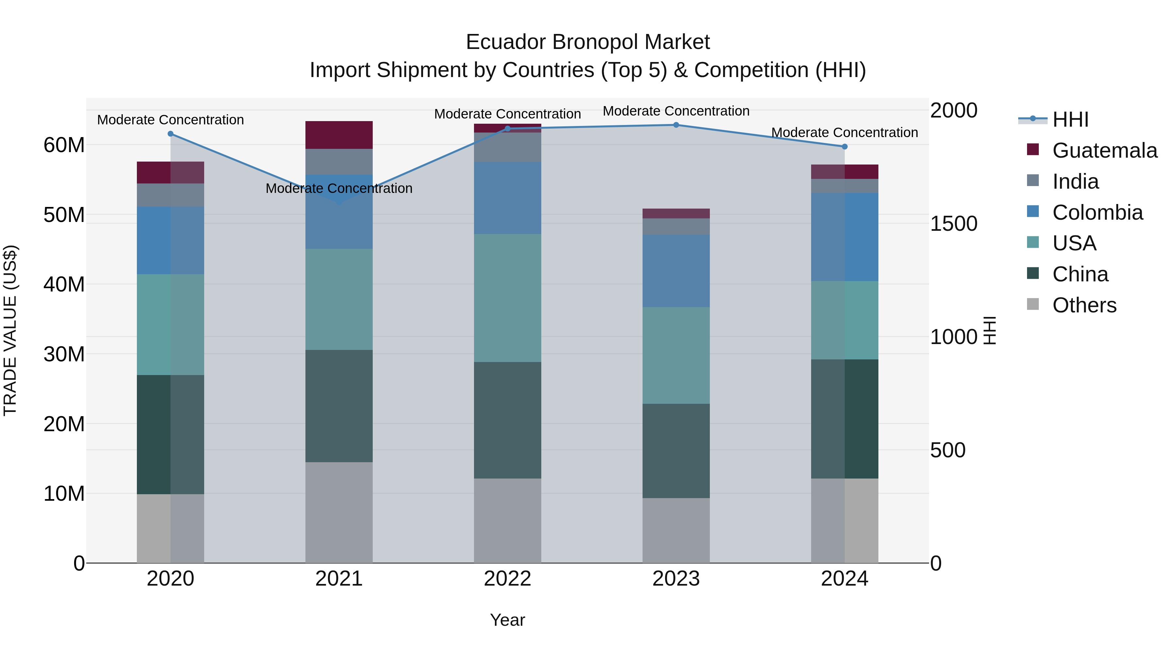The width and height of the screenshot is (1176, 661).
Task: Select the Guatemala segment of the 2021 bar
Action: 339,135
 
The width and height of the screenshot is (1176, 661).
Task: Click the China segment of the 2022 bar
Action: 507,420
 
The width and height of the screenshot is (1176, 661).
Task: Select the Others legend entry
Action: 1084,305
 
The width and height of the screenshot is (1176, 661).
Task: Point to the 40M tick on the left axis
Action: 64,284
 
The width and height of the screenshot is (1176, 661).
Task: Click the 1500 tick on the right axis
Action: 953,224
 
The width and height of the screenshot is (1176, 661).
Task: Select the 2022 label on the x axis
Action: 507,579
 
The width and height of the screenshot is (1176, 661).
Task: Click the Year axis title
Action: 507,620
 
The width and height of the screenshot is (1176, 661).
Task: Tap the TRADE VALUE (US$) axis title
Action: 10,330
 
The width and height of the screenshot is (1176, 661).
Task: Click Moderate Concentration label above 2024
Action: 844,133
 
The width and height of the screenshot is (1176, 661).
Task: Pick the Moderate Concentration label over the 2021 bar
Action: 339,188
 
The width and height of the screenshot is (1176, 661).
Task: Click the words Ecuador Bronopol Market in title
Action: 588,42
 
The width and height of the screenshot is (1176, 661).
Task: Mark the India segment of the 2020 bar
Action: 170,195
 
